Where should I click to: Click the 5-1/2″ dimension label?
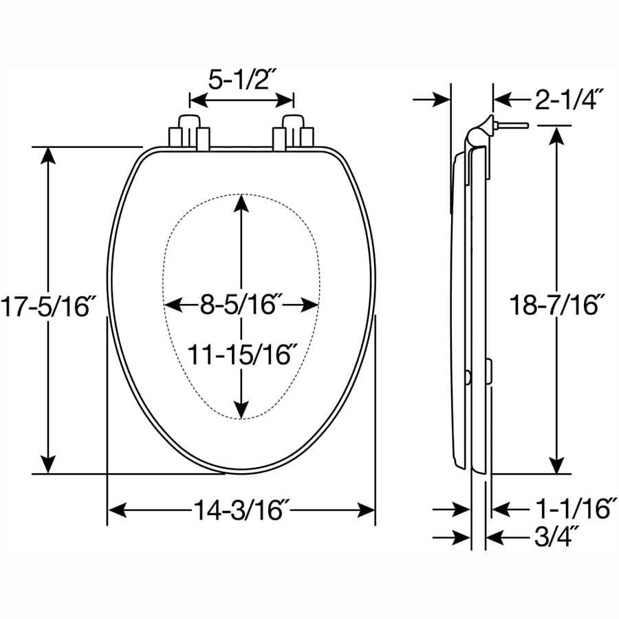pos(241,80)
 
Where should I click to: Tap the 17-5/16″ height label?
pos(46,307)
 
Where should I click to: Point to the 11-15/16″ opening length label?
pos(242,354)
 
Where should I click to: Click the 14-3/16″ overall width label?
pos(241,510)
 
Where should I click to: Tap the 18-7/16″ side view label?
pos(555,305)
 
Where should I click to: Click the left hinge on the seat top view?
pos(190,133)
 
